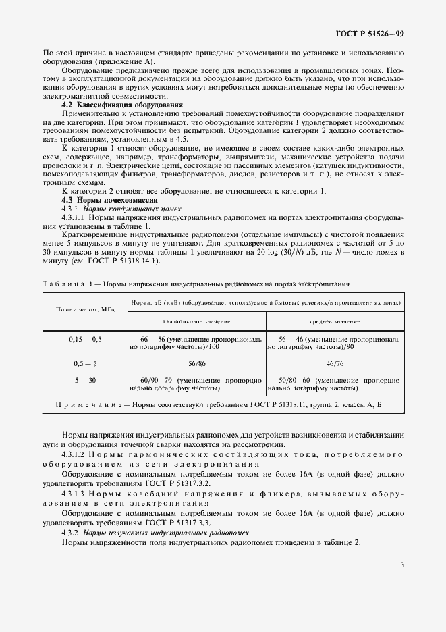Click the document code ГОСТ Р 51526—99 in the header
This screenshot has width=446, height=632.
coord(370,33)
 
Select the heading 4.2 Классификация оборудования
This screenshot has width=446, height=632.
coord(122,105)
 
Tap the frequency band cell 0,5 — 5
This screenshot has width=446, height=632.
coord(86,363)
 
